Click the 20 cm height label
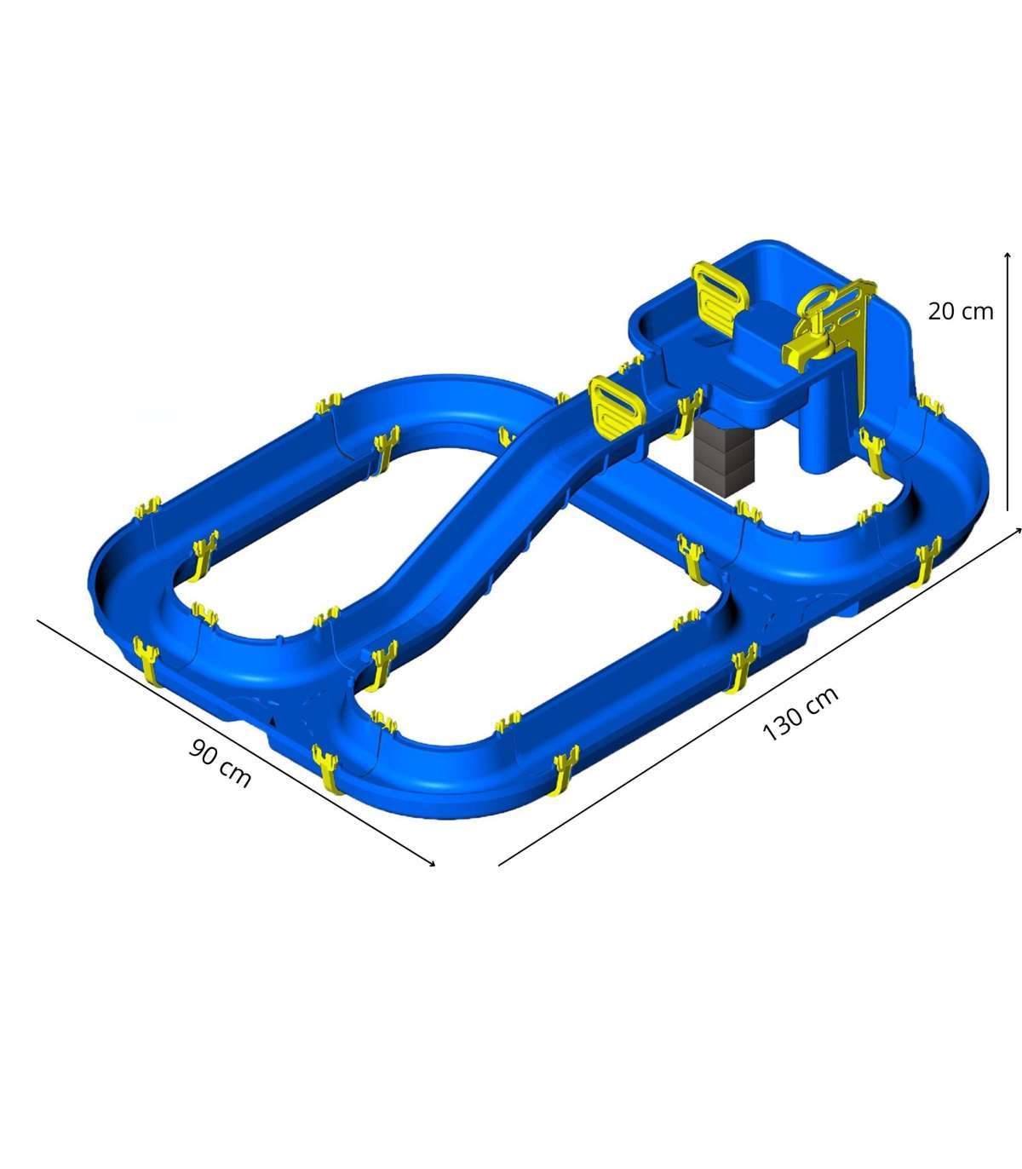(x=961, y=311)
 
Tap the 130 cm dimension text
(x=801, y=713)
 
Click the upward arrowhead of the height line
(x=1008, y=256)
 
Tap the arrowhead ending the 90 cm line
(x=432, y=863)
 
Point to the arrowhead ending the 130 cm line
(x=1017, y=531)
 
